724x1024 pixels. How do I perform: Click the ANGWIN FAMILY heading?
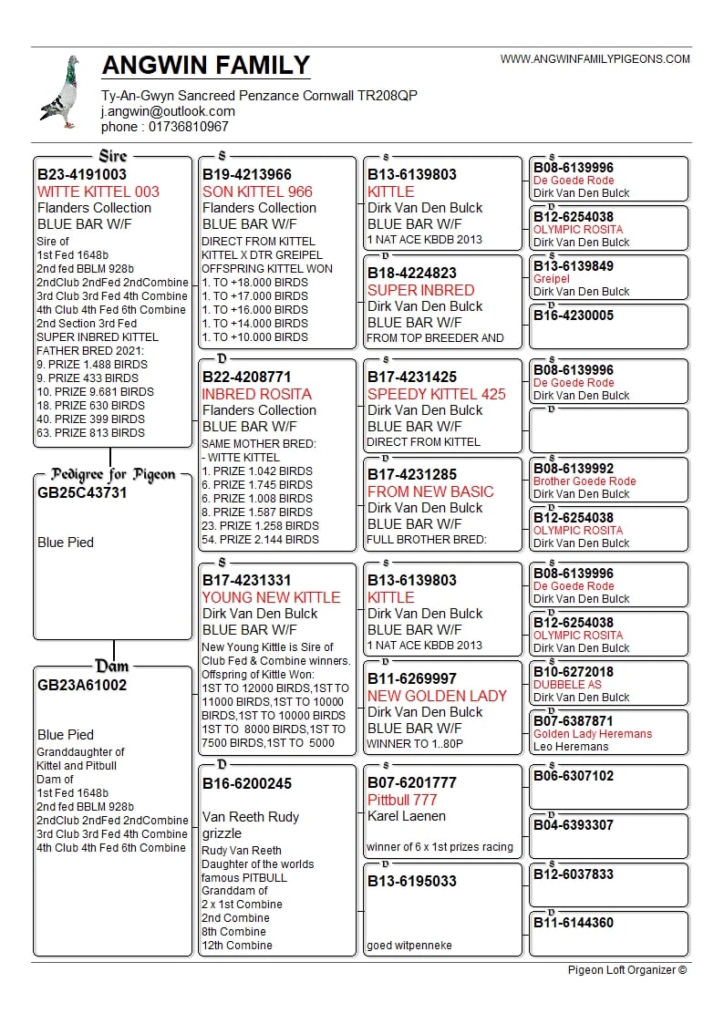click(x=206, y=66)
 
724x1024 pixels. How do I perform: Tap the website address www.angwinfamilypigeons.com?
click(x=595, y=59)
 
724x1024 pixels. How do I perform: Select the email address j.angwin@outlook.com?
click(x=168, y=111)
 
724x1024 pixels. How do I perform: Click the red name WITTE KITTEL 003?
click(x=98, y=191)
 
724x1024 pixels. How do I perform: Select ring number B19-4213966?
click(x=247, y=175)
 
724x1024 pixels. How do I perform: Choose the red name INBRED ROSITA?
click(x=257, y=394)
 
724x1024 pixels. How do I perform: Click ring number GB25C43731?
click(x=82, y=493)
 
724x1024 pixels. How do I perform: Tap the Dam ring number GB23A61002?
click(x=82, y=685)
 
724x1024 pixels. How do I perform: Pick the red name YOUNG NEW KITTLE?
click(x=271, y=597)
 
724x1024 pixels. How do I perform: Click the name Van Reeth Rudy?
click(x=251, y=817)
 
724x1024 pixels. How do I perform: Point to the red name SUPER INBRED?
click(x=421, y=290)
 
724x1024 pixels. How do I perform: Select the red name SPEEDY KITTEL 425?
click(x=437, y=394)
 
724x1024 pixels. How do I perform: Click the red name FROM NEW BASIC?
click(x=430, y=491)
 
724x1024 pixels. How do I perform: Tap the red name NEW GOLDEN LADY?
click(x=437, y=696)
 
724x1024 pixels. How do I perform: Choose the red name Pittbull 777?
click(x=402, y=800)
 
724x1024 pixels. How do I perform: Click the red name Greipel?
click(x=552, y=279)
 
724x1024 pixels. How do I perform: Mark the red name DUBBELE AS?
click(x=567, y=685)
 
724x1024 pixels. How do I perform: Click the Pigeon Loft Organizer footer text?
click(x=627, y=969)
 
